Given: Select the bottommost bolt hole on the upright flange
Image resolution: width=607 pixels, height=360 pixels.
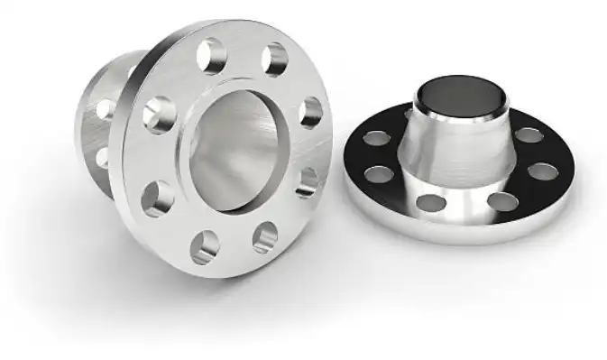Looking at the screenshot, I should (x=207, y=245).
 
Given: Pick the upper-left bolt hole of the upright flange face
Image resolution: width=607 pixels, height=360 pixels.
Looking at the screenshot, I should (x=159, y=115).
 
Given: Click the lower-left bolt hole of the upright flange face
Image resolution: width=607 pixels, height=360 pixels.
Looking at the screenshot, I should (x=157, y=198).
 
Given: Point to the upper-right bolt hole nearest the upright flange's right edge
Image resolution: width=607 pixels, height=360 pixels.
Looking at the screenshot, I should (x=310, y=112).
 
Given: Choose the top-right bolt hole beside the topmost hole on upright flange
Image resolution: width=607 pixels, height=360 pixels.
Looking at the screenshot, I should (x=274, y=60).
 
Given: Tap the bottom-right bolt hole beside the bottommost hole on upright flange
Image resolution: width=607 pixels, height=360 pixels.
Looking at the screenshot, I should (x=264, y=236).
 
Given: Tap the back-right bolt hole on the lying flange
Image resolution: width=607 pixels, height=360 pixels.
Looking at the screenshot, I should (x=529, y=135).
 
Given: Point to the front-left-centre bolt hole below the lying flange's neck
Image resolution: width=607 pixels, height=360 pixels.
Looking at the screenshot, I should (x=432, y=201).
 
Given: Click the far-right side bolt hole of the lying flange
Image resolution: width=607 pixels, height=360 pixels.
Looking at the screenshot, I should (x=542, y=171).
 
